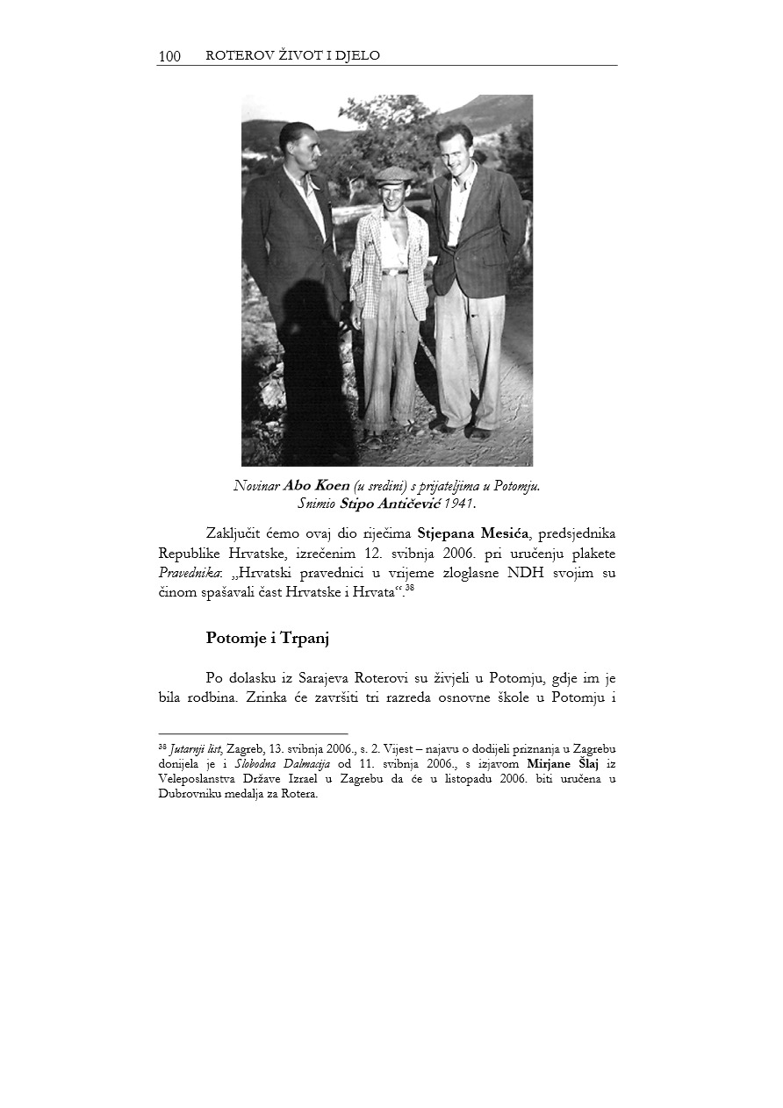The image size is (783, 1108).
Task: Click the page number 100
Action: pyautogui.click(x=169, y=57)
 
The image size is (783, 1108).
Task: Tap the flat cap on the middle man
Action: pyautogui.click(x=394, y=175)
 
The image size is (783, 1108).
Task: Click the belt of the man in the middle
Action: pyautogui.click(x=393, y=272)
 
